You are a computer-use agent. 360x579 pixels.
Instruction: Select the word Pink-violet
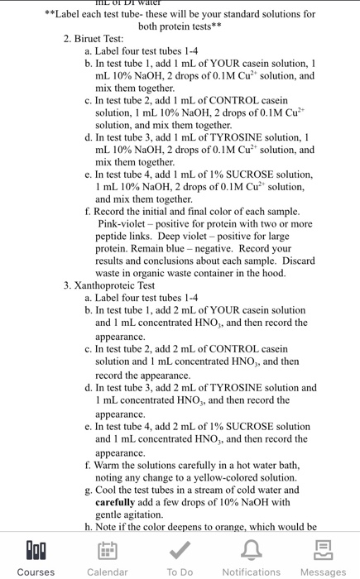point(126,223)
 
